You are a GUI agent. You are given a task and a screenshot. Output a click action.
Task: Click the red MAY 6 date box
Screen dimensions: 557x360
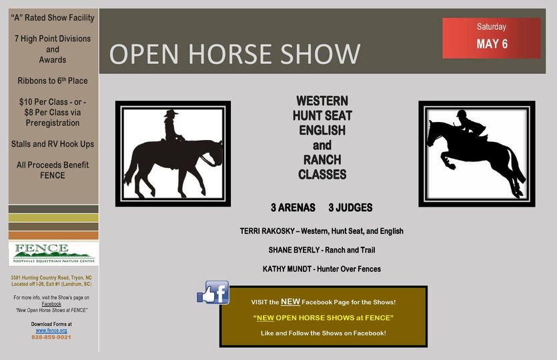(x=491, y=38)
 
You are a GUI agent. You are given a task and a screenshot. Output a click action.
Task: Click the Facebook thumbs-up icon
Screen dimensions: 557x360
(x=213, y=293)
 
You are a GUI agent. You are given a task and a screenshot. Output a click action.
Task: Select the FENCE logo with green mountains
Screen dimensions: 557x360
(x=53, y=253)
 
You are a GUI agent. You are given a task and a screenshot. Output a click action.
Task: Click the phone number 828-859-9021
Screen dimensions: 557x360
(x=51, y=337)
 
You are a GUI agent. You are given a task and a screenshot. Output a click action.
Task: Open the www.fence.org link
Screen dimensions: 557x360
(x=51, y=330)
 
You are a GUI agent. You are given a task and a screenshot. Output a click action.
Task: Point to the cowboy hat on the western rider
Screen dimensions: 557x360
(x=171, y=113)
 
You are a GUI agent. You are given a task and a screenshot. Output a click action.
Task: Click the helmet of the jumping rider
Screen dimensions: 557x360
(x=462, y=113)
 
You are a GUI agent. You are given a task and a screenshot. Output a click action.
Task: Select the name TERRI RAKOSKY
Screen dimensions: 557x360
(x=267, y=231)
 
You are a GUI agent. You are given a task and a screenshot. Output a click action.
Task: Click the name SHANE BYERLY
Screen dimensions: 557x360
(x=294, y=250)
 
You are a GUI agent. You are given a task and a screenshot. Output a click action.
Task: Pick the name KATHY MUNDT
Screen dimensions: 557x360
(x=287, y=269)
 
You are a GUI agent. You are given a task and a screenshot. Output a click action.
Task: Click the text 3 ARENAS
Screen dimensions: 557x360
(x=293, y=207)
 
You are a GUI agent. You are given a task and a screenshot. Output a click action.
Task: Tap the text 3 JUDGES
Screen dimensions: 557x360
(x=350, y=207)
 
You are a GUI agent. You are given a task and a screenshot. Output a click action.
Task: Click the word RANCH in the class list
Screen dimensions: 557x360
(x=322, y=160)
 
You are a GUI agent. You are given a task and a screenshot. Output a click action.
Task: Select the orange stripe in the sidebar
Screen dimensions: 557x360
(x=53, y=235)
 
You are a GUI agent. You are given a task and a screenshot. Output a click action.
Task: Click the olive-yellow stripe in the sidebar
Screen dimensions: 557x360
(x=53, y=217)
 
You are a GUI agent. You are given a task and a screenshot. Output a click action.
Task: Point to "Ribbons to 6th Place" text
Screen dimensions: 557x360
(x=53, y=81)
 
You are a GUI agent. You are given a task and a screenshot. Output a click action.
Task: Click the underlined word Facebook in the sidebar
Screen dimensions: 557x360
(x=51, y=304)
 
